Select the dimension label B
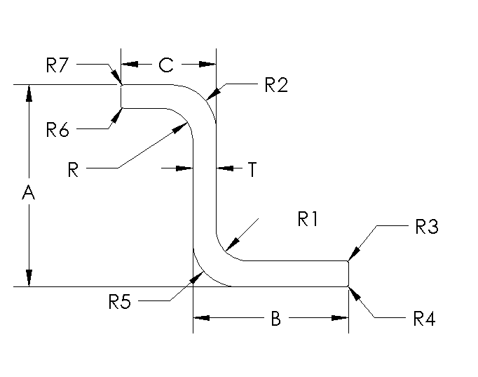[275, 319]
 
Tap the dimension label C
[165, 65]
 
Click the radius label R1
[308, 220]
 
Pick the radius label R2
[276, 86]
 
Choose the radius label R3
[426, 227]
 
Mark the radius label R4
[425, 319]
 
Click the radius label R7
[57, 66]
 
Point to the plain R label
[73, 170]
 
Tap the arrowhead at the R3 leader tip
[353, 256]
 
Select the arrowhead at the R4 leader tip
[353, 292]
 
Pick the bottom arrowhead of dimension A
[29, 278]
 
